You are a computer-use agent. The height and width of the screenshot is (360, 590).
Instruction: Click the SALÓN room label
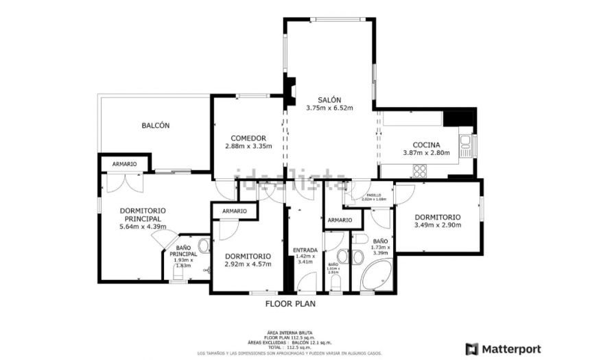(329, 99)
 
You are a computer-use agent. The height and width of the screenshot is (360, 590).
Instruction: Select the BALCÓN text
(156, 125)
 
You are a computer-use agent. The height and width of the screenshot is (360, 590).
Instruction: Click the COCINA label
(425, 144)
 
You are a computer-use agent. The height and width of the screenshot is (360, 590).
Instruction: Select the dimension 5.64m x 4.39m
(143, 226)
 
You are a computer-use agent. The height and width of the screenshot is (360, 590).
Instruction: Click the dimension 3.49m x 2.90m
(438, 225)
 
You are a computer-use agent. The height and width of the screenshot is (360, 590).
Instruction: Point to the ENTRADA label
(305, 250)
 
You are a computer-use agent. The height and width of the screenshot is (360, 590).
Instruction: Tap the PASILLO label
(374, 195)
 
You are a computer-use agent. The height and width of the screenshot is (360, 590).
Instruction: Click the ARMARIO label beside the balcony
(124, 164)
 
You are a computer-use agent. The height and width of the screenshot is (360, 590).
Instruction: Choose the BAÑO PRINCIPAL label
(182, 251)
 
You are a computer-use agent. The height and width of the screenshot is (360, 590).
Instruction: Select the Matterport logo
(503, 348)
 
